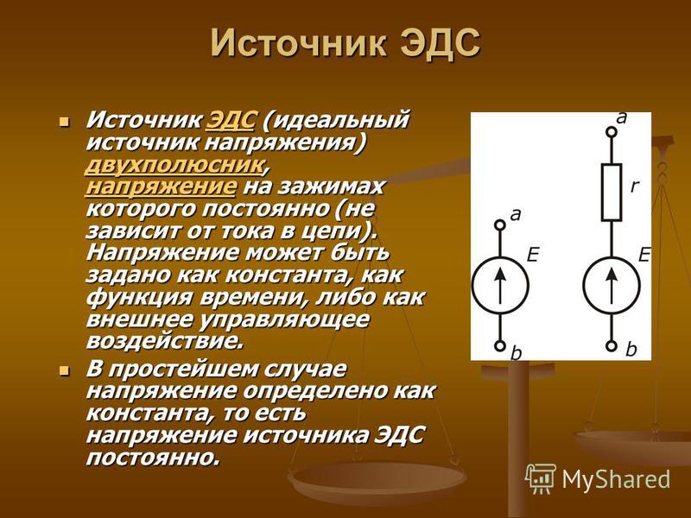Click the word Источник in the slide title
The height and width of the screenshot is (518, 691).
(x=297, y=43)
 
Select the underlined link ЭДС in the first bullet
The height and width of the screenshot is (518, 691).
(x=231, y=120)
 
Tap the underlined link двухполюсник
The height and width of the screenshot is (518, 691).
(x=176, y=165)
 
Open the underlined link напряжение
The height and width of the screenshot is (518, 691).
(x=162, y=186)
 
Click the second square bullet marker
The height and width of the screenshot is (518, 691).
(x=65, y=370)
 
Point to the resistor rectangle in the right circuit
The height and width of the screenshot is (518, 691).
(x=612, y=192)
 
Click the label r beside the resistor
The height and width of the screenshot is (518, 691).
(x=634, y=186)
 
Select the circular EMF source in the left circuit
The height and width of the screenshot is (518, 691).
(x=500, y=286)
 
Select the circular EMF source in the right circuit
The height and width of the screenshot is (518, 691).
(x=612, y=286)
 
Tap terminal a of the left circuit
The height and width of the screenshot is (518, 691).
(x=500, y=225)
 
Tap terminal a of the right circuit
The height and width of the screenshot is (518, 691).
(x=612, y=131)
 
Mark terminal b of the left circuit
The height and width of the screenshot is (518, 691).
(x=500, y=346)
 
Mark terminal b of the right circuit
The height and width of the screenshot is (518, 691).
(x=612, y=346)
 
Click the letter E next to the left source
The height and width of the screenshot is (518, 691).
(x=533, y=255)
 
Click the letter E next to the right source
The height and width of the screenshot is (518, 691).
(x=644, y=255)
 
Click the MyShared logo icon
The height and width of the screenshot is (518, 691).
(x=541, y=478)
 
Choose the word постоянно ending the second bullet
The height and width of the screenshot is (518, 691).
(x=153, y=458)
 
